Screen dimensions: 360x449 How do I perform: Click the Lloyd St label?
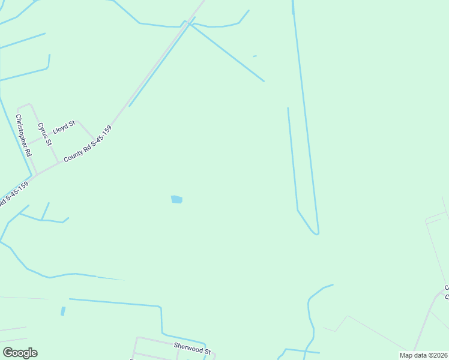pos(63,127)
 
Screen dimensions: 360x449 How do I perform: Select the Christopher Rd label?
pos(24,136)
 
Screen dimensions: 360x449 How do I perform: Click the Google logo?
pos(20,353)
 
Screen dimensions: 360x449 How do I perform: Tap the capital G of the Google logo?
pos(7,352)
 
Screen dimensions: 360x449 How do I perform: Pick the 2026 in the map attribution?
pos(439,355)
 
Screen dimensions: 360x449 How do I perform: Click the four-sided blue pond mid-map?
pos(176,199)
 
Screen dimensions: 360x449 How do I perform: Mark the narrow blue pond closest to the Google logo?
pos(62,311)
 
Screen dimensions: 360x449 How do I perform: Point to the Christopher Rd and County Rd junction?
pos(37,175)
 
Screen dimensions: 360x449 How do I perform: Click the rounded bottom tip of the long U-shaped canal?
pos(315,234)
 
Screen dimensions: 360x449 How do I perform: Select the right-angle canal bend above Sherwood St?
pos(160,307)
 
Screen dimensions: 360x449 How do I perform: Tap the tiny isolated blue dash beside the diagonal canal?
pos(255,56)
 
